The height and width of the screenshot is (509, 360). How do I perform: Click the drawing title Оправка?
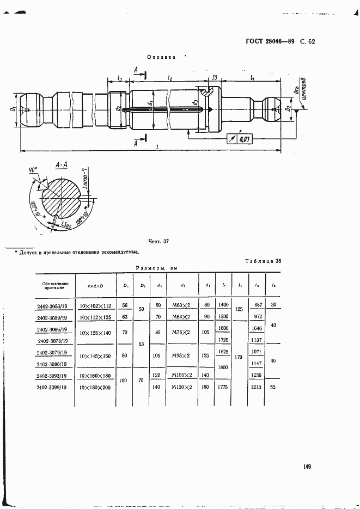coord(161,57)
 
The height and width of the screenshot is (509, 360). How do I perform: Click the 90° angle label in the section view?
coord(33,170)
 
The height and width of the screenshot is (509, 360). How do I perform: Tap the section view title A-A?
coord(62,163)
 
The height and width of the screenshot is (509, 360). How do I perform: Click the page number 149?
coord(308,466)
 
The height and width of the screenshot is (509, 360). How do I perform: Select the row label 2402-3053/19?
coord(53,306)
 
